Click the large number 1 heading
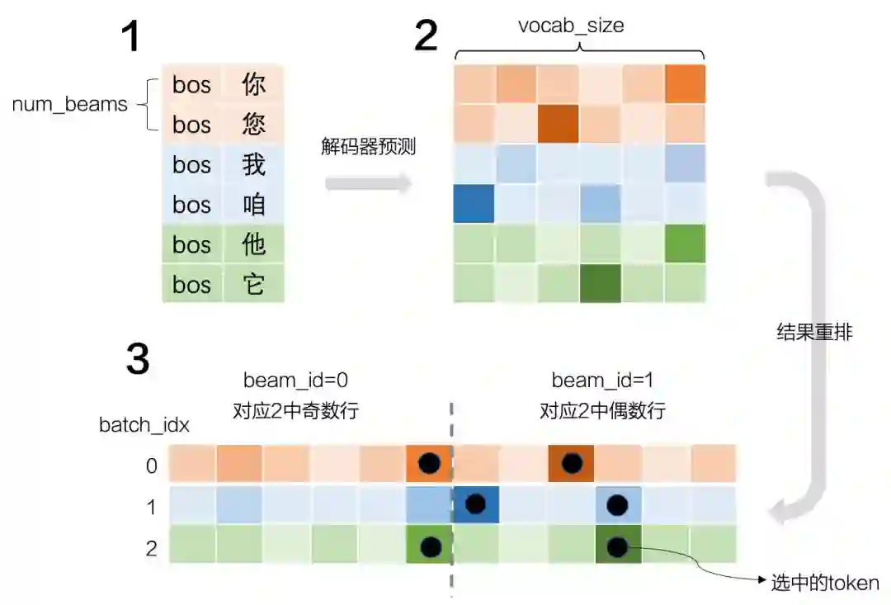(x=131, y=37)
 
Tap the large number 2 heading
(x=426, y=35)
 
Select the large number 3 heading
(x=137, y=359)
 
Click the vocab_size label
(x=571, y=25)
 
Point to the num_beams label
(x=69, y=105)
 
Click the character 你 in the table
(x=253, y=84)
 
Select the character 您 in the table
(x=253, y=125)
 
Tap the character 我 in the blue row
(x=253, y=165)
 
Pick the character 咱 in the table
(x=253, y=205)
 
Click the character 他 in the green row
(x=253, y=245)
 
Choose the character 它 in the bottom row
(x=253, y=285)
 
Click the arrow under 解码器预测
(x=368, y=183)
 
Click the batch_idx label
(x=144, y=425)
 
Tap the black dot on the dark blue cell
(x=475, y=504)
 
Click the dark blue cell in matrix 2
(x=474, y=204)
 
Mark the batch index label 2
(x=151, y=548)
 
